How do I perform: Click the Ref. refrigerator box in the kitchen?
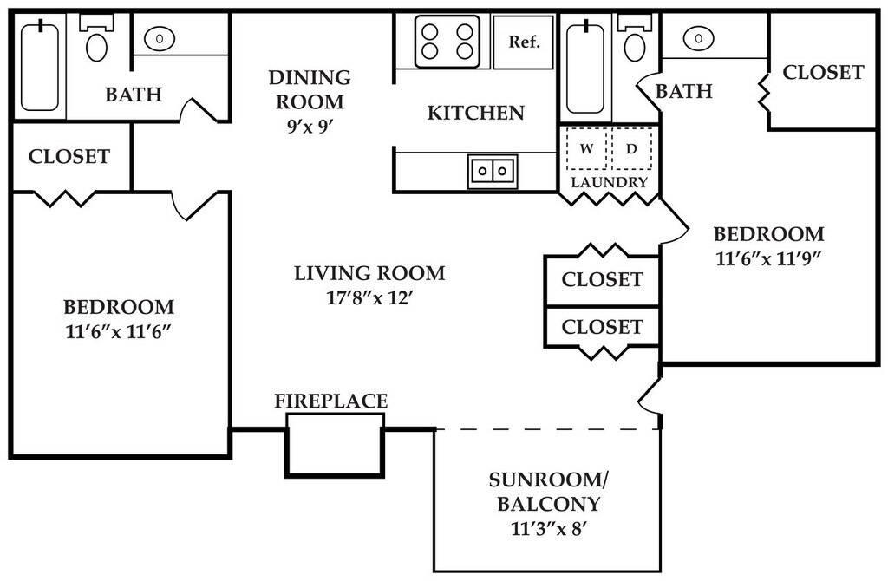[523, 42]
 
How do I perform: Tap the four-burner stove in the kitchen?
[447, 42]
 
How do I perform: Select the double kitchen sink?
[493, 171]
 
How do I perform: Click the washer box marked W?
[587, 149]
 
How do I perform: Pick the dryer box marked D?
[631, 149]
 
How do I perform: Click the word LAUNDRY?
[609, 182]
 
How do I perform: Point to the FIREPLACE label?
[330, 401]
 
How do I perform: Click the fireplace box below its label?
[335, 445]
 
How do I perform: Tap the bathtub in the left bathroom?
[40, 66]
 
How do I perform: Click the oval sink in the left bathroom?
[160, 38]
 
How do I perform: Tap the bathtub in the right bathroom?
[585, 68]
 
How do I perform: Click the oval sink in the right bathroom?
[698, 38]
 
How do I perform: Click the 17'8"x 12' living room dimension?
[368, 297]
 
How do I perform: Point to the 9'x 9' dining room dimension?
[310, 127]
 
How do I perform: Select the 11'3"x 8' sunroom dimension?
[548, 530]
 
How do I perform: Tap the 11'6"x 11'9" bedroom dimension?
[768, 258]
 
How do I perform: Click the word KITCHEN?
[476, 113]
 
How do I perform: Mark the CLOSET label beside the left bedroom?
[69, 156]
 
